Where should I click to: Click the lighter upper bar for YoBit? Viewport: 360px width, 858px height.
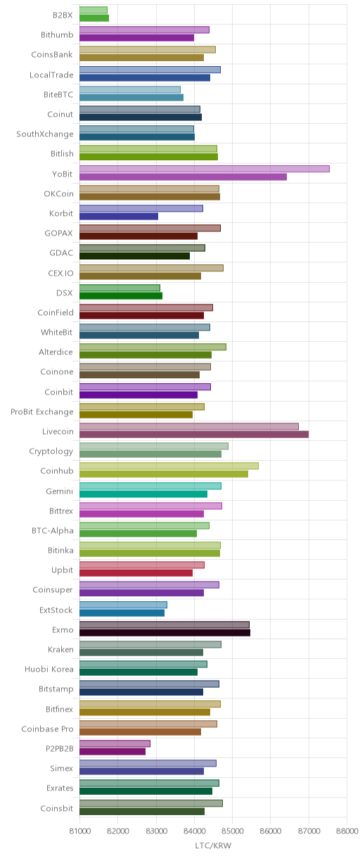point(205,169)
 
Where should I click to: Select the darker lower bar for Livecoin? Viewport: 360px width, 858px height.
point(194,435)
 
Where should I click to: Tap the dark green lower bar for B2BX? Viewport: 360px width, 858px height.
point(94,18)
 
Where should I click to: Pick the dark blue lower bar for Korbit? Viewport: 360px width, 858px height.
point(119,217)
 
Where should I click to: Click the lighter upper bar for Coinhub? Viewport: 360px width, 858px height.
point(169,466)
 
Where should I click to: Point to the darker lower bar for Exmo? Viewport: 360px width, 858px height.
point(165,632)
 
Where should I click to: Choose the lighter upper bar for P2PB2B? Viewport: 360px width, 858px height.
point(115,743)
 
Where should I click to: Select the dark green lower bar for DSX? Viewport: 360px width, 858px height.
point(121,295)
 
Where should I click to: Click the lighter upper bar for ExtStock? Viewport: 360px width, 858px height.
point(123,605)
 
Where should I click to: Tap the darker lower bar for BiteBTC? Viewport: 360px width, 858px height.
point(131,97)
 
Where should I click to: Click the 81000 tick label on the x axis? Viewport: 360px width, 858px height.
point(79,831)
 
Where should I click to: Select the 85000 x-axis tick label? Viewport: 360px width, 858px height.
point(233,831)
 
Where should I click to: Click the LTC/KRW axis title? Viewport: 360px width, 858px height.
point(213,845)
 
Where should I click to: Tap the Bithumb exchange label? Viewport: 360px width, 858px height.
point(57,35)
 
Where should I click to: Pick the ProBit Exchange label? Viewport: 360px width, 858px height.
point(41,411)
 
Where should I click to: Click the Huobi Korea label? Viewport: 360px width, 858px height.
point(49,669)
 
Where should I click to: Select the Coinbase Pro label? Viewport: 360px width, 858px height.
point(48,729)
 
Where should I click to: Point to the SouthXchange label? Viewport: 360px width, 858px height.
point(45,134)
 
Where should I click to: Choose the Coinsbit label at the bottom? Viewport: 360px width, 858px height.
point(57,808)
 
